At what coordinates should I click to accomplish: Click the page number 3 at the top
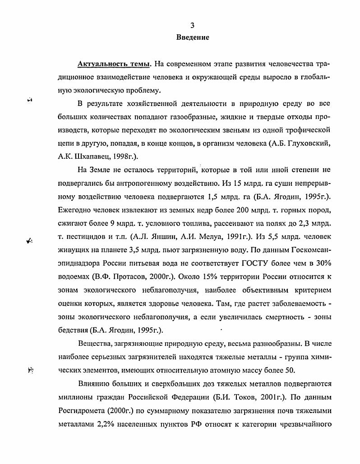click(193, 25)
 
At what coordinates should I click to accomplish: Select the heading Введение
click(193, 37)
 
